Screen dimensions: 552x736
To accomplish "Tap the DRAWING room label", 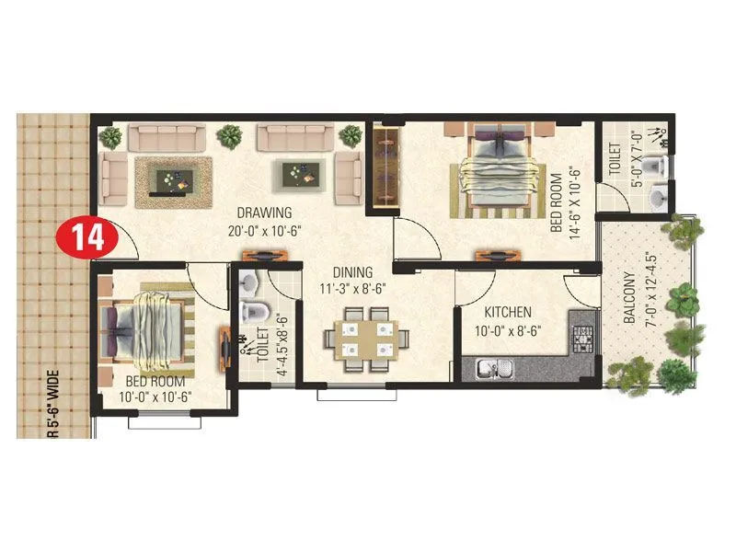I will (x=263, y=213).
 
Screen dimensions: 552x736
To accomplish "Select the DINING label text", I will (x=352, y=272).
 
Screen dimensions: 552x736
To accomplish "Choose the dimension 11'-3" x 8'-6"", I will (x=352, y=290).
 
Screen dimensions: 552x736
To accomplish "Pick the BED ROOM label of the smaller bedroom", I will (x=154, y=382).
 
